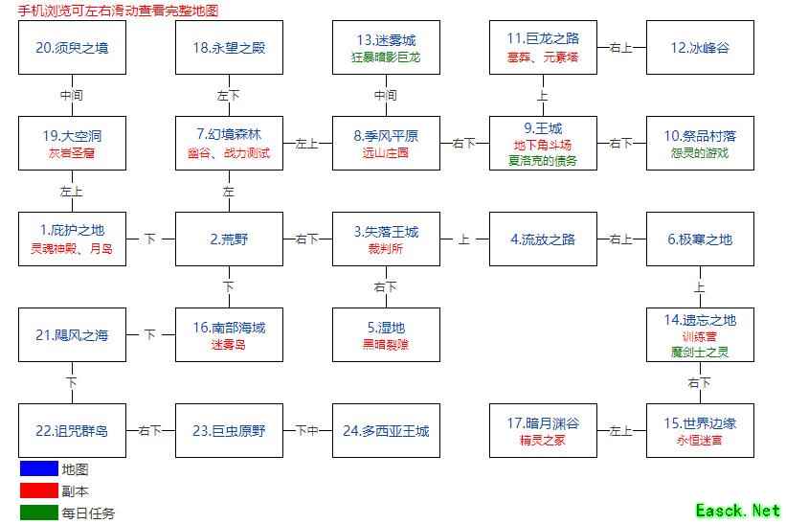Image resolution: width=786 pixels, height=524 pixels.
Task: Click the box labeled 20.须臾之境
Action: [72, 48]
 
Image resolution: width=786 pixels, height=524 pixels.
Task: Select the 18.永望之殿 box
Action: [229, 48]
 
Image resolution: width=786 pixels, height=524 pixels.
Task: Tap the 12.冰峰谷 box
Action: [700, 48]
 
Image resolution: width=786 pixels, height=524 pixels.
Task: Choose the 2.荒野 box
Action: [229, 239]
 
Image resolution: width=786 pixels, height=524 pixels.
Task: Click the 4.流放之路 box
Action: [543, 239]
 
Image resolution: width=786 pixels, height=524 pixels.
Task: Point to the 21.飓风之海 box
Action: [72, 335]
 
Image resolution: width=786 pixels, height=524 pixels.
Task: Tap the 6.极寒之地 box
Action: [700, 239]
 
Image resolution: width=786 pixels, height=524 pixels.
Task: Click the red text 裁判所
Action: [386, 249]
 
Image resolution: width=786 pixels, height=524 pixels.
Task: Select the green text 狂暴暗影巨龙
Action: [386, 57]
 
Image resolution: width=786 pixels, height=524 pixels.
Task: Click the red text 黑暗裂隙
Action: [386, 345]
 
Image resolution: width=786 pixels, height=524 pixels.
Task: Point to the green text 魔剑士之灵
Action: [700, 353]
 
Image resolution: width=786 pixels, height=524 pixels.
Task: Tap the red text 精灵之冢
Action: [543, 441]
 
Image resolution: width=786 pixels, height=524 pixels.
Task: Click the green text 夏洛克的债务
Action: [543, 161]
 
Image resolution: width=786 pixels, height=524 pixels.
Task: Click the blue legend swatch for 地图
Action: [38, 469]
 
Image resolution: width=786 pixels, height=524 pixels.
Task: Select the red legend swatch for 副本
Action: [38, 491]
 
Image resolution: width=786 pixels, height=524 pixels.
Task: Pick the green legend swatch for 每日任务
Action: [38, 513]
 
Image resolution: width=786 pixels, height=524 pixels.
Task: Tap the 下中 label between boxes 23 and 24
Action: [307, 431]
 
